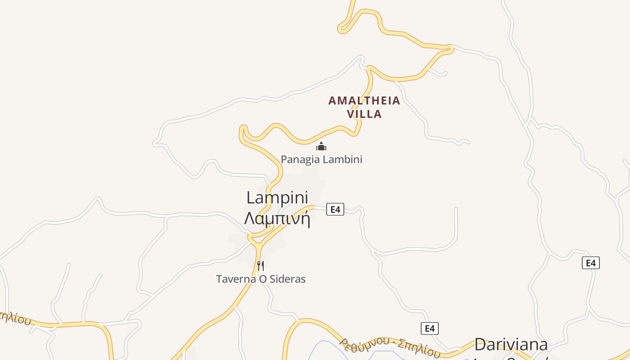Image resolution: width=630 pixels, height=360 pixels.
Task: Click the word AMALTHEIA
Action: point(364,100)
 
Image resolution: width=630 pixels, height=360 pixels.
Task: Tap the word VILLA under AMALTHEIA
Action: point(364,114)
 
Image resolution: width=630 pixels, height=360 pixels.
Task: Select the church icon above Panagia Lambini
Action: point(321,146)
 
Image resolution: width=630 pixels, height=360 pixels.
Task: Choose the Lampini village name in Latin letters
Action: point(277,198)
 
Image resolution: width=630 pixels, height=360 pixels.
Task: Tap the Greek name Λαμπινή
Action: point(277,219)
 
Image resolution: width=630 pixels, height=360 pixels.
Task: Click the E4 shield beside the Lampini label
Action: point(335,209)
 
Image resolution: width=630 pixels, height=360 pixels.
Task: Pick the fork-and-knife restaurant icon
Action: point(261,265)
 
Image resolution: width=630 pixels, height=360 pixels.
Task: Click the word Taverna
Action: point(235,279)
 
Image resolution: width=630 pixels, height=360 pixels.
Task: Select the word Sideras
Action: point(288,279)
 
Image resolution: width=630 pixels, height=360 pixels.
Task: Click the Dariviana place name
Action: point(511,345)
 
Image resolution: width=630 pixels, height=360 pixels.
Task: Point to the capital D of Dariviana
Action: point(481,345)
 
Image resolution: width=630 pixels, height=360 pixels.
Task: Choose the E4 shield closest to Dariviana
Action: point(430,328)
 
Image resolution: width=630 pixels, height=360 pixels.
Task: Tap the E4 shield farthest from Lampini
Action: point(590,263)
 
